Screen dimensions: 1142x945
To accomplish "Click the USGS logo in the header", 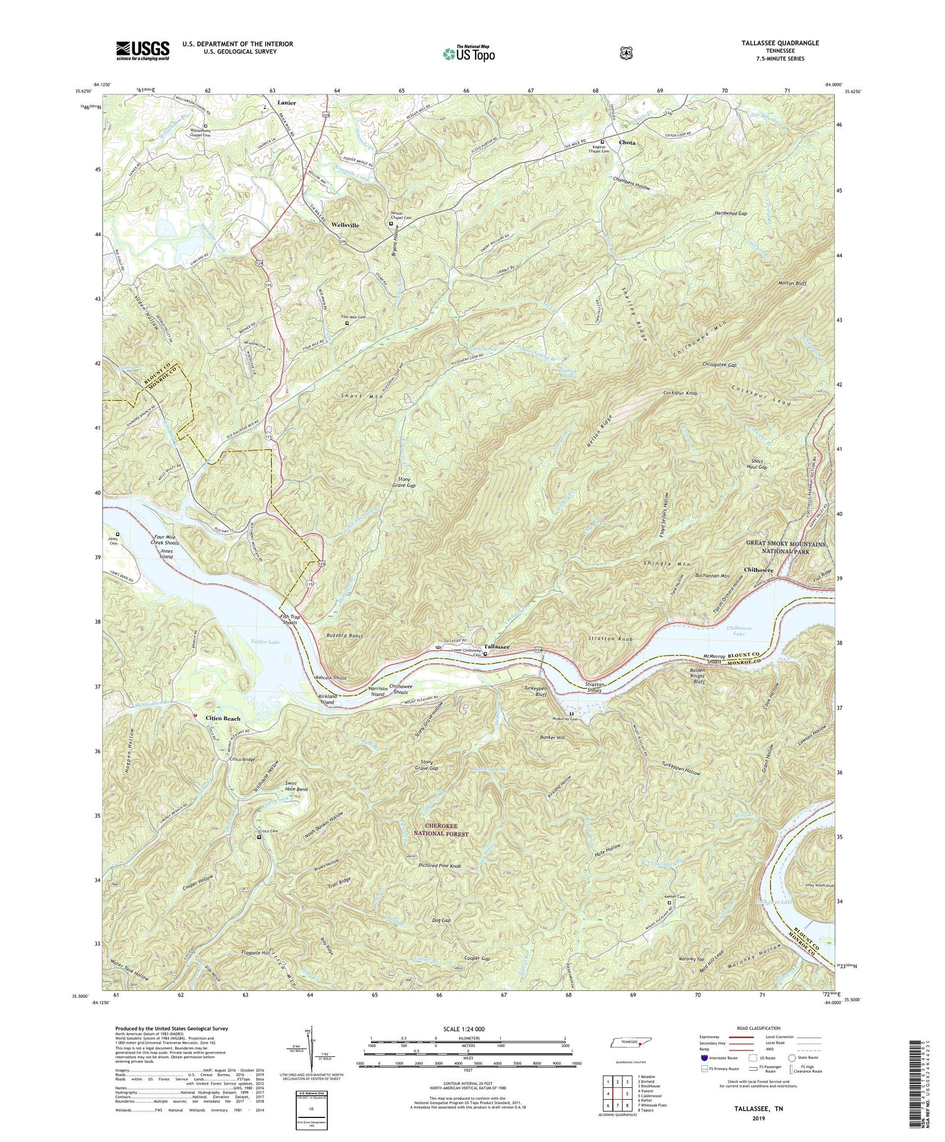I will pos(142,50).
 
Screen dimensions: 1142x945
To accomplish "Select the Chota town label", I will pos(627,143).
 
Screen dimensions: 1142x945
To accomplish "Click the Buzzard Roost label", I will pos(345,636).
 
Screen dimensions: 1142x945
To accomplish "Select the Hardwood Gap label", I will pos(730,214).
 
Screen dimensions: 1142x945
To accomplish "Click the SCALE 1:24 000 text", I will pos(468,1029).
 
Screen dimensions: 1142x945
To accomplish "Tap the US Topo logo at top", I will pos(469,54).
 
